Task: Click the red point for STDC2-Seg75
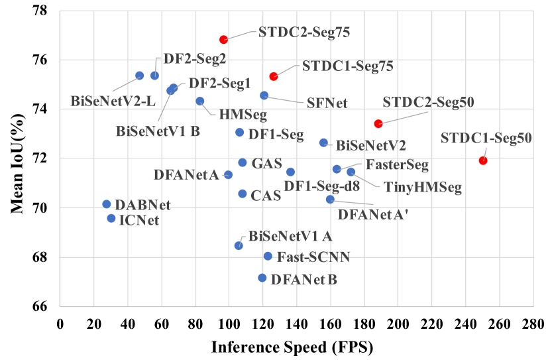224,40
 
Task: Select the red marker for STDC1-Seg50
483,160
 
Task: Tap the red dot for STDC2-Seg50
378,124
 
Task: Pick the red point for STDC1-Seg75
274,77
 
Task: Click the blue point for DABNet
107,204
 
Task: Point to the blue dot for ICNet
111,218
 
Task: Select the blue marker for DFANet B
262,278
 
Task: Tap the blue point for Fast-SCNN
268,256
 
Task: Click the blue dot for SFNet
264,95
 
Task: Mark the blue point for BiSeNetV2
324,143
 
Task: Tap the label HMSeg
243,115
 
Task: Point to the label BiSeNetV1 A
290,236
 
